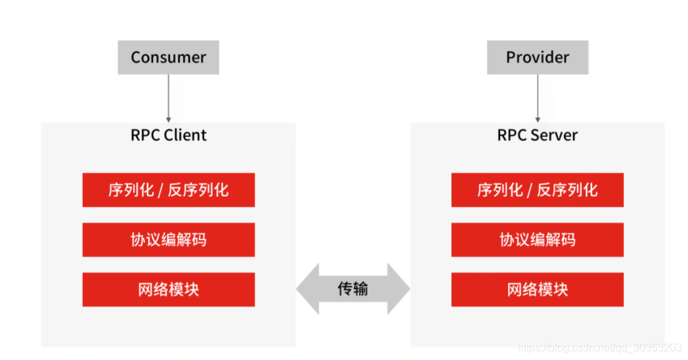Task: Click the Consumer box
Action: [x=168, y=57]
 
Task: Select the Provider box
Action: [x=537, y=57]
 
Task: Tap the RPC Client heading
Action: [x=168, y=135]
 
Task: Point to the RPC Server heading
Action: [x=537, y=135]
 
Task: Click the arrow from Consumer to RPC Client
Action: [x=168, y=98]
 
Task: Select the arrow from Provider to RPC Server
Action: [x=537, y=98]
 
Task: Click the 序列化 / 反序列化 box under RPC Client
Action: [x=168, y=189]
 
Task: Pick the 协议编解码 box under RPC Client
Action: [x=168, y=239]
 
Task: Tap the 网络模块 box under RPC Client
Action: [x=168, y=289]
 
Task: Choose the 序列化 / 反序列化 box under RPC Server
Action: [x=537, y=189]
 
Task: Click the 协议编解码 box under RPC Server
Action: [x=537, y=239]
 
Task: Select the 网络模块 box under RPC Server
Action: [x=537, y=289]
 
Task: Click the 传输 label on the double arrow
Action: [x=352, y=289]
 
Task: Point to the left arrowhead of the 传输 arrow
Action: [x=307, y=289]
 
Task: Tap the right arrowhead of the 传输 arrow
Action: [x=400, y=289]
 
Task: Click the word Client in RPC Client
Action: [x=185, y=135]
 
